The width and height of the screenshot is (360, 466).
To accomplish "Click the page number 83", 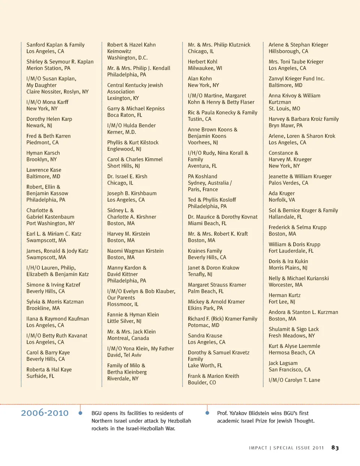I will click(x=335, y=448).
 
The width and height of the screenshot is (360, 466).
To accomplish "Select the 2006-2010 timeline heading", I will click(x=45, y=413).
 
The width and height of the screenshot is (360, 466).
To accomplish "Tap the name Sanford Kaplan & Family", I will click(x=55, y=45).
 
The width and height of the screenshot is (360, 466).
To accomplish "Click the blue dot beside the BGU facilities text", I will click(x=80, y=413).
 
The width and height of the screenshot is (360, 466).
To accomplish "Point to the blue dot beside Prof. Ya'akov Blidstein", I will click(x=207, y=413).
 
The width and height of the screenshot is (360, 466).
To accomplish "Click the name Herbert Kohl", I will click(x=202, y=61).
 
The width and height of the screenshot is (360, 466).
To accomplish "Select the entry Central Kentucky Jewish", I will click(x=135, y=85).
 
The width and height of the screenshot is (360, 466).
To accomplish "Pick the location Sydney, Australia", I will click(x=208, y=183).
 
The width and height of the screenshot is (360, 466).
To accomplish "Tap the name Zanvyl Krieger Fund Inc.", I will click(x=296, y=79).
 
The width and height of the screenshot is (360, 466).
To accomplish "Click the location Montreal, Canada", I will click(x=128, y=338).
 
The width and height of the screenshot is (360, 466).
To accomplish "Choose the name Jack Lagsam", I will click(x=283, y=363).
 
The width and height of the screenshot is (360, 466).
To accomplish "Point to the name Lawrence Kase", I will click(x=44, y=170).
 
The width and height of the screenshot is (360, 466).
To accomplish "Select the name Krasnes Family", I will click(x=205, y=251).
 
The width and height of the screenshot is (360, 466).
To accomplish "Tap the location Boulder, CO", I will click(x=202, y=382).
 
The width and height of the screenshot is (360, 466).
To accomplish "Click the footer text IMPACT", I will click(x=258, y=448).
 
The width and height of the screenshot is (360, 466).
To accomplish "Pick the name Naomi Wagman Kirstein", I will click(x=135, y=251).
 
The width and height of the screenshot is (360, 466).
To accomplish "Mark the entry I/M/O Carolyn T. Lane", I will click(x=294, y=380).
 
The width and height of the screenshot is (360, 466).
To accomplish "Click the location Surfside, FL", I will click(x=40, y=376).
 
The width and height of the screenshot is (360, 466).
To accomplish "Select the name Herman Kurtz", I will click(x=284, y=295).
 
